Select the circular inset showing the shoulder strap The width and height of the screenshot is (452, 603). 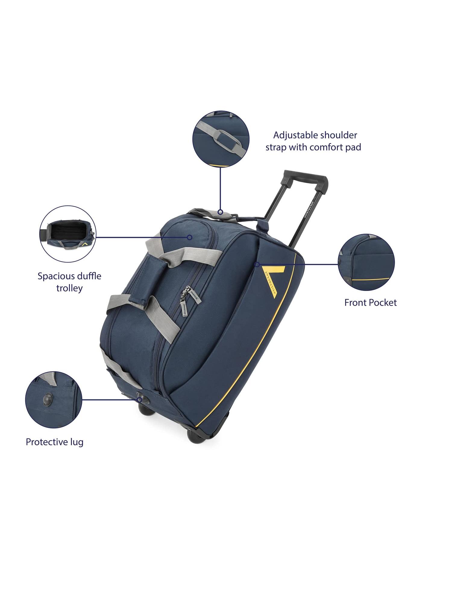[x=221, y=139]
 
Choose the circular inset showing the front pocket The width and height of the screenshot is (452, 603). [x=366, y=262]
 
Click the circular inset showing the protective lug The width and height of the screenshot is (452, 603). [x=54, y=399]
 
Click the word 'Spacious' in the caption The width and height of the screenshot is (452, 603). [x=56, y=276]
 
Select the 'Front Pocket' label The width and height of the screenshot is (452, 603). [x=370, y=302]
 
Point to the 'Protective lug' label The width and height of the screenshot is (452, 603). [x=55, y=442]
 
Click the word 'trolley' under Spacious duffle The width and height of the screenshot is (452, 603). [x=69, y=288]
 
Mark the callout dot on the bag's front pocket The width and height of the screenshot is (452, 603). [x=257, y=264]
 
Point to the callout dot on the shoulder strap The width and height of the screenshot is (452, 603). [x=220, y=212]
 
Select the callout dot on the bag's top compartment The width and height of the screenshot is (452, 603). [x=190, y=237]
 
